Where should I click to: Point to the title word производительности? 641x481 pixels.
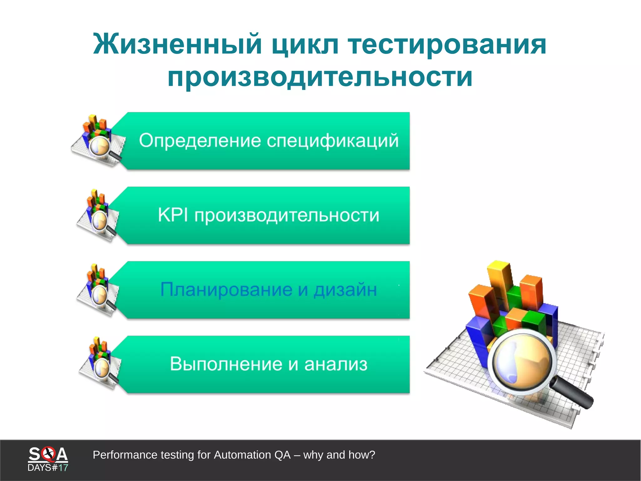point(320,77)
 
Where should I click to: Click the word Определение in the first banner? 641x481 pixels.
point(200,141)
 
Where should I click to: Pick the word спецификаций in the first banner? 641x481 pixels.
point(333,141)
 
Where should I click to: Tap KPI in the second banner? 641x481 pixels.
point(173,215)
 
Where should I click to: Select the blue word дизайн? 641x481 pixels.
point(345,290)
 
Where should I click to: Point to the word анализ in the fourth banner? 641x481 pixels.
point(336,364)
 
